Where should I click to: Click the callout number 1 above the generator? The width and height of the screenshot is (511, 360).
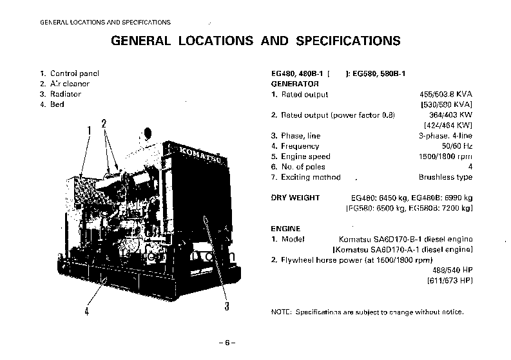tap(90, 131)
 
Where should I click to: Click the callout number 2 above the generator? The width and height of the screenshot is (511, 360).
tap(103, 124)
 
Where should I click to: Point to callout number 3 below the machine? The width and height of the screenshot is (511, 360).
tap(226, 306)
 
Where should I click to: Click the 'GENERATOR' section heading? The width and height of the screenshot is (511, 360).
tap(294, 84)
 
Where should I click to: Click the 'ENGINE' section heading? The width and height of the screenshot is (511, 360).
tap(287, 229)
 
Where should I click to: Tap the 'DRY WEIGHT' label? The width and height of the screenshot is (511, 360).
tap(296, 198)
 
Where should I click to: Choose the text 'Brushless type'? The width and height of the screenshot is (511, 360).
tap(445, 177)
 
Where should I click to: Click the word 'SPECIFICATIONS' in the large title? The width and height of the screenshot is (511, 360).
tap(348, 41)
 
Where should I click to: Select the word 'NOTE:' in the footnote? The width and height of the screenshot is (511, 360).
tap(282, 312)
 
